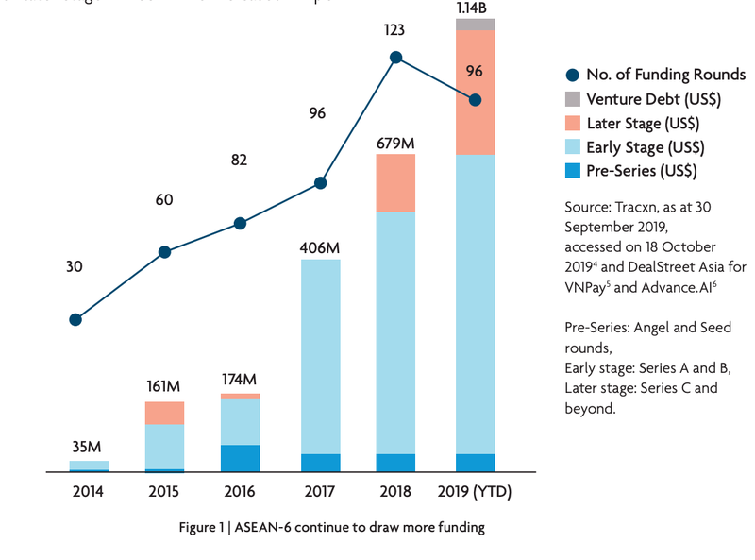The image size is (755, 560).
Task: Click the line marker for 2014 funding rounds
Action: [x=75, y=319]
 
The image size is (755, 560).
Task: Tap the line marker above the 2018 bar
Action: [x=396, y=58]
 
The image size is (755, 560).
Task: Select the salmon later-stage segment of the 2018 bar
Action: [x=395, y=182]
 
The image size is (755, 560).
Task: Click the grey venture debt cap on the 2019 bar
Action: [x=475, y=24]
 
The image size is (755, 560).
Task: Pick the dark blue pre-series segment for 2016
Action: [x=240, y=458]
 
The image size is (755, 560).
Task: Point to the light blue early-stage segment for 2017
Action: [x=320, y=356]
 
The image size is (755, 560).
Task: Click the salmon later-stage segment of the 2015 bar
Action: [x=164, y=413]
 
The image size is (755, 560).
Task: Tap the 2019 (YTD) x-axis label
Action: [x=475, y=492]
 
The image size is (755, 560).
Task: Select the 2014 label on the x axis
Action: [x=88, y=492]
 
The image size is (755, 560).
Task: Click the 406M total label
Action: [x=320, y=247]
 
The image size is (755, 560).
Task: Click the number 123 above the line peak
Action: [x=394, y=30]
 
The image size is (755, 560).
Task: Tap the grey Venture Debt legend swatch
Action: [x=572, y=99]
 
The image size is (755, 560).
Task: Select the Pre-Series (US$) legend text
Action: [x=642, y=171]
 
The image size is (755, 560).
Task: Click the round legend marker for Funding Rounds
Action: [x=572, y=76]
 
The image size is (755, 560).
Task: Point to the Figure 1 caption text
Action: [x=332, y=527]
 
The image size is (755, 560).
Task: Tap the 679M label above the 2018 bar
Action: [x=395, y=144]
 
